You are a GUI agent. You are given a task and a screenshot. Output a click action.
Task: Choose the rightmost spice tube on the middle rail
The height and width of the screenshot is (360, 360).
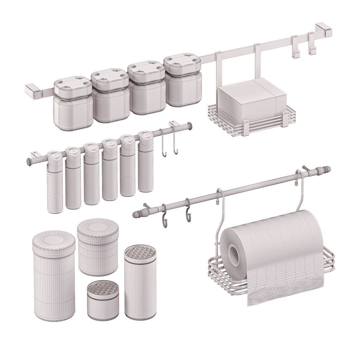tap(146, 163)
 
